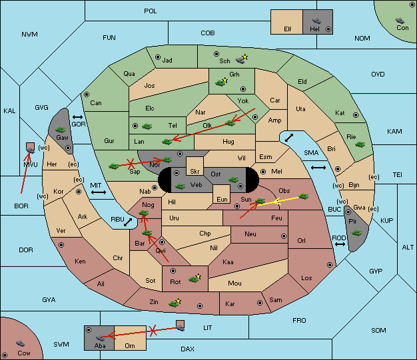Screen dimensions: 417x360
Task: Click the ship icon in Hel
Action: point(316,21)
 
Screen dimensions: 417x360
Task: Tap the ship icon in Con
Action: point(400,21)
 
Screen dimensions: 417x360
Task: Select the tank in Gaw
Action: point(61,130)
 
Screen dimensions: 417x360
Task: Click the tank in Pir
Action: point(356,233)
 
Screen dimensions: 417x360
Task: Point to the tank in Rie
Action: point(360,144)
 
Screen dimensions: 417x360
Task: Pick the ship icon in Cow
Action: point(20,343)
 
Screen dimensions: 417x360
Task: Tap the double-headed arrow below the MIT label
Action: point(99,192)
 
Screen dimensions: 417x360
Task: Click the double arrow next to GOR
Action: point(77,117)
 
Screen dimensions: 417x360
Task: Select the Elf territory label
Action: point(288,29)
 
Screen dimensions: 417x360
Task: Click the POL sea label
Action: point(151,11)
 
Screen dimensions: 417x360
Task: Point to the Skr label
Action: point(195,172)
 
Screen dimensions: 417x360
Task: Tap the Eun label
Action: point(222,199)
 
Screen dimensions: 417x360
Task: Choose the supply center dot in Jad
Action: point(158,57)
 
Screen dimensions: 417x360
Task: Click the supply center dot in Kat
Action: point(356,115)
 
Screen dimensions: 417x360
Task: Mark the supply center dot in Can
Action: point(87,94)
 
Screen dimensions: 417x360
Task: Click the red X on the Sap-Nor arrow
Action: point(130,164)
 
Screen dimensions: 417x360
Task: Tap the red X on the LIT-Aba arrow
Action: point(153,331)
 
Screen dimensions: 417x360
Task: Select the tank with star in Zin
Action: point(175,303)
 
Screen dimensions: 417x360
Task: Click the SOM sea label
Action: point(378,330)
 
